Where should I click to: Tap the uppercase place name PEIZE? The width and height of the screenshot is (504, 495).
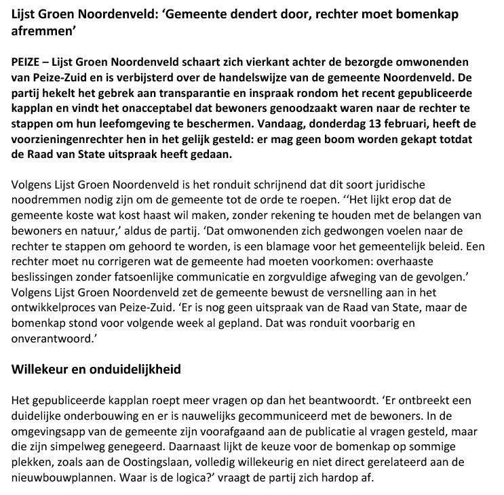pyautogui.click(x=27, y=60)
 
